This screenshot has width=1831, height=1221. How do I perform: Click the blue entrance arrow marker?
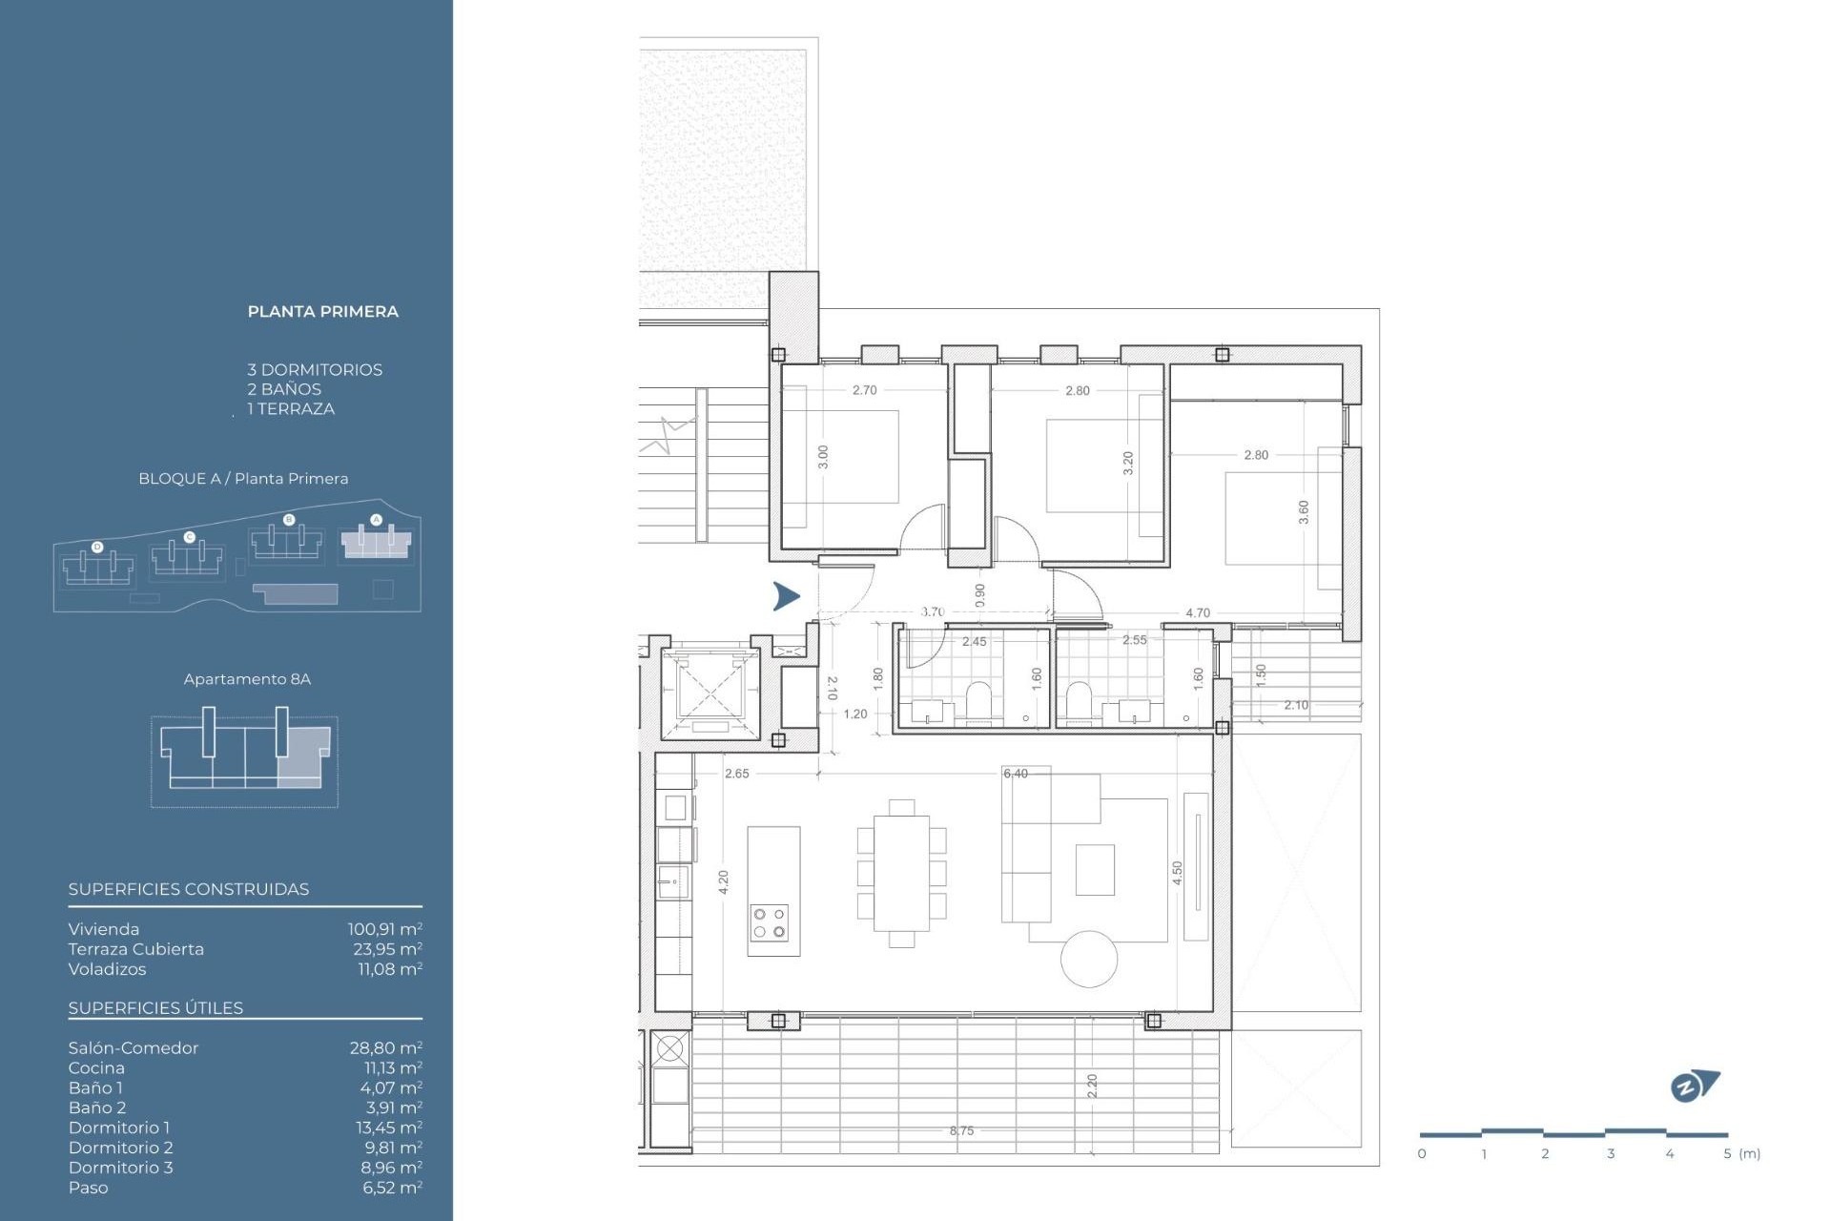(x=786, y=596)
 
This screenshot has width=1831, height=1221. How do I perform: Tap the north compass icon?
(x=1693, y=1086)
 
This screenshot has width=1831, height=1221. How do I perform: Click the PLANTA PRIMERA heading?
(x=322, y=312)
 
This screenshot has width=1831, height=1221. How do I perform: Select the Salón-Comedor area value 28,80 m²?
(x=385, y=1047)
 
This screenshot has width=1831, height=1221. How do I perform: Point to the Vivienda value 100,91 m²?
(x=384, y=929)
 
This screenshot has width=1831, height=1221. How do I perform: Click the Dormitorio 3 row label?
(x=120, y=1168)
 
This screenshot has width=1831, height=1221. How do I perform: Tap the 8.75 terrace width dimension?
(x=961, y=1130)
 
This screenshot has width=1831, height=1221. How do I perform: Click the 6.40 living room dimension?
(x=1016, y=774)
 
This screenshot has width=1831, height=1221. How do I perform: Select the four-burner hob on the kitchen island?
(x=769, y=922)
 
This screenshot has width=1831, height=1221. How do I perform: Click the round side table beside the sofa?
(x=1089, y=959)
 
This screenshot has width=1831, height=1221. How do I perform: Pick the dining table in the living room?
(x=901, y=874)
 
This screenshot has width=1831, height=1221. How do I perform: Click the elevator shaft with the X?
(x=710, y=689)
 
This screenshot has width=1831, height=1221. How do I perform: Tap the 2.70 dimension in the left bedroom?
(x=864, y=390)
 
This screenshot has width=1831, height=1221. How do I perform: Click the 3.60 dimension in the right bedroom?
(x=1304, y=512)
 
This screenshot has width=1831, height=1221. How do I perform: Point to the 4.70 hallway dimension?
(x=1197, y=613)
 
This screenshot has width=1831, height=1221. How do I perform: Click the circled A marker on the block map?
(x=376, y=520)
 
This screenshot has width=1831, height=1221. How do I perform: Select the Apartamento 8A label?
(x=247, y=679)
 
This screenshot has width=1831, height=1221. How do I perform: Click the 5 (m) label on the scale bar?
(x=1741, y=1153)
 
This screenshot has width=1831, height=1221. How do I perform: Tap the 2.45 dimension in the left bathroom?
(x=974, y=642)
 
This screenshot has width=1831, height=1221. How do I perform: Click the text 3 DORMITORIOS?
(x=315, y=370)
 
